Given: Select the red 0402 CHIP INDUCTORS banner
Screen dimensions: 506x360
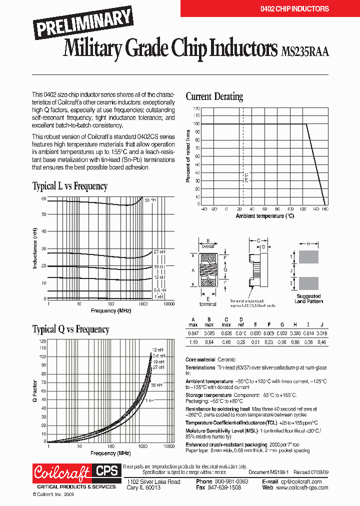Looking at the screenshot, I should click(270, 8).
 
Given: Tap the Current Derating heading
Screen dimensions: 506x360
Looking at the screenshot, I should click(214, 96).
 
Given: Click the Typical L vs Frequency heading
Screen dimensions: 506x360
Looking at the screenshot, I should click(69, 186).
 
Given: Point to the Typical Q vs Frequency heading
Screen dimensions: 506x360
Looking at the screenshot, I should click(70, 329).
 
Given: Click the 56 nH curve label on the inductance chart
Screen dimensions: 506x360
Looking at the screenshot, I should click(150, 200).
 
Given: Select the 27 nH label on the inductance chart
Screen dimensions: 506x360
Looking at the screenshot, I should click(159, 252).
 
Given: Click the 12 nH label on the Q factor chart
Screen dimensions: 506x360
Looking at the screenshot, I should click(157, 349).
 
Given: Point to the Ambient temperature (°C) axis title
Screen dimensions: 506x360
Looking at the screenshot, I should click(265, 216).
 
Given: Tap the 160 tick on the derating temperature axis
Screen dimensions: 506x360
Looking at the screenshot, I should click(324, 209).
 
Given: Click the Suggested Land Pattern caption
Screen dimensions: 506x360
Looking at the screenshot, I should click(308, 298).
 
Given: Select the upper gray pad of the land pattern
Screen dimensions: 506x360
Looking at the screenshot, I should click(308, 257).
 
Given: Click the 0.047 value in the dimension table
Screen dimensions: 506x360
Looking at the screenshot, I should click(193, 333).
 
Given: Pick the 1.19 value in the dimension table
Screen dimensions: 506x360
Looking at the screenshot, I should click(193, 342).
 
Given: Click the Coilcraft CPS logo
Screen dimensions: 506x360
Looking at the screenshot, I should click(75, 472).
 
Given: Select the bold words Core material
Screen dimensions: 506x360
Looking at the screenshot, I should click(200, 359).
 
